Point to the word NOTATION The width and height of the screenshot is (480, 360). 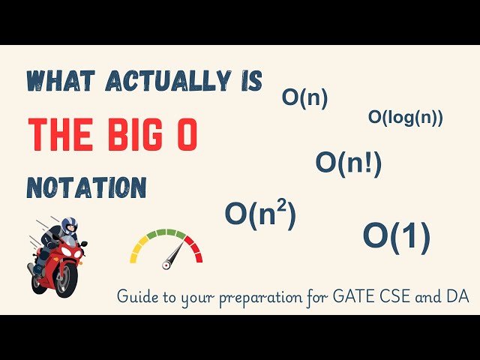[86, 187]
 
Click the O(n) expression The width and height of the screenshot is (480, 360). [304, 98]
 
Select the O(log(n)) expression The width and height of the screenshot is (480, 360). [405, 117]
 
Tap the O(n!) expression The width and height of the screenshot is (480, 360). [348, 162]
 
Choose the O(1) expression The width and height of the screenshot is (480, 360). [396, 236]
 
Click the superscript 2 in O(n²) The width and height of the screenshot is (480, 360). [282, 206]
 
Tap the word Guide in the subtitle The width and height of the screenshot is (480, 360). [136, 298]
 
